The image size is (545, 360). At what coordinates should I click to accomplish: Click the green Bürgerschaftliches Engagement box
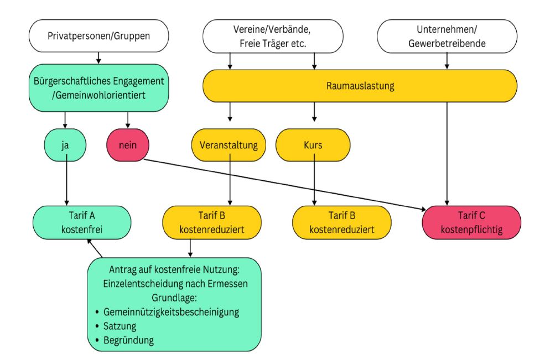coord(98,87)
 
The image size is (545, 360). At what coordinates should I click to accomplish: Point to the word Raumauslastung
coord(360,87)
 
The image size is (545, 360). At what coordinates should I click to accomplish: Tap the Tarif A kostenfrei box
coord(81,222)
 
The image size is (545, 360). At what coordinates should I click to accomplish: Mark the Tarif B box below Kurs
coord(342,222)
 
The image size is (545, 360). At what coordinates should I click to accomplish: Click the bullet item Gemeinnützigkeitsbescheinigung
coord(171,312)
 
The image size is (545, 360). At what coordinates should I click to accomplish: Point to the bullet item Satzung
coord(121,326)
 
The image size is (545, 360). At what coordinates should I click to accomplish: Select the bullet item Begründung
coord(128,340)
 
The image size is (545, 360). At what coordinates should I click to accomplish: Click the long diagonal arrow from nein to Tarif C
coord(282,184)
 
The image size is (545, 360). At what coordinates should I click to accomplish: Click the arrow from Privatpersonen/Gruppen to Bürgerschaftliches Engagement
coord(98,58)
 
